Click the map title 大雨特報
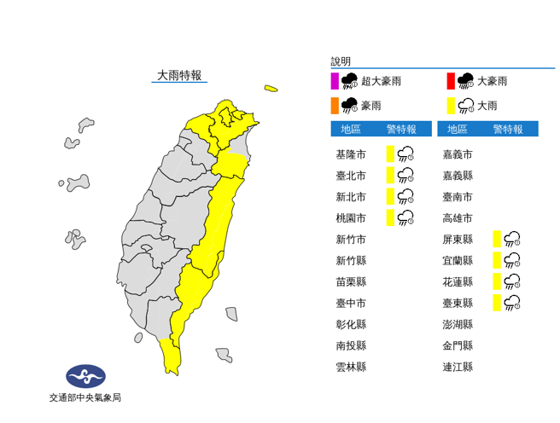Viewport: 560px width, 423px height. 179,75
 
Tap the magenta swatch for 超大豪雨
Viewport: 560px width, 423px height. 335,82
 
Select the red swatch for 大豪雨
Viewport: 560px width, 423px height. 450,82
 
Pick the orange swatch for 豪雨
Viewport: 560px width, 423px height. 335,106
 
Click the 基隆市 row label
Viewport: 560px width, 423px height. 351,154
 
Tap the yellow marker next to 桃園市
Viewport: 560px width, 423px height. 390,218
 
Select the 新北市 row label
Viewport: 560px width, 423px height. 351,197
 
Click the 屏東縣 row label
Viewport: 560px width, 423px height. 458,240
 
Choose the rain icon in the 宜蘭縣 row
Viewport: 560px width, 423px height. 512,260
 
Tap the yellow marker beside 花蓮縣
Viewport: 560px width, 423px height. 496,281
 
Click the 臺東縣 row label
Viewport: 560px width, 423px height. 458,303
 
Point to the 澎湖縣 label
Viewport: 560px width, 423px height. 458,324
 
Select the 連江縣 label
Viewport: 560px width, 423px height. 458,367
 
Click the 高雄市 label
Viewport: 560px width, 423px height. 458,218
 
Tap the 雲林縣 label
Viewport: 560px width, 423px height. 351,367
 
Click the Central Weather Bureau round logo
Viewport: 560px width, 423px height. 85,375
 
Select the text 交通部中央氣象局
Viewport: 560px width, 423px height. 85,397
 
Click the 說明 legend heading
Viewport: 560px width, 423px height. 340,61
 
